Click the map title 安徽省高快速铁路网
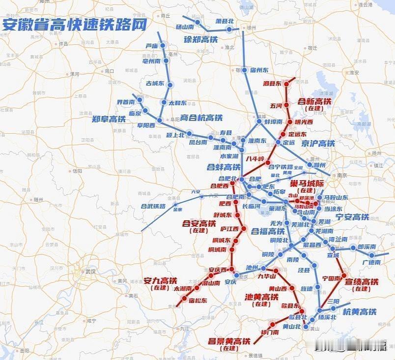pyautogui.click(x=75, y=25)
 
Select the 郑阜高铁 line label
pyautogui.click(x=109, y=119)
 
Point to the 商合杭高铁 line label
pyautogui.click(x=201, y=118)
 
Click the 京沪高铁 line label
pyautogui.click(x=318, y=144)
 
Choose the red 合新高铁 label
pyautogui.click(x=314, y=101)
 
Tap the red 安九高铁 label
pyautogui.click(x=160, y=281)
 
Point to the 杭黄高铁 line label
pyautogui.click(x=360, y=312)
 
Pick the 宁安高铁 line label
pyautogui.click(x=352, y=217)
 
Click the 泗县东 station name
pyautogui.click(x=272, y=84)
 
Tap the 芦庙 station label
pyautogui.click(x=152, y=46)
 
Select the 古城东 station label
pyautogui.click(x=155, y=84)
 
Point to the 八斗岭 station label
pyautogui.click(x=255, y=159)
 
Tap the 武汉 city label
pyautogui.click(x=90, y=271)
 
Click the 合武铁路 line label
pyautogui.click(x=153, y=207)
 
